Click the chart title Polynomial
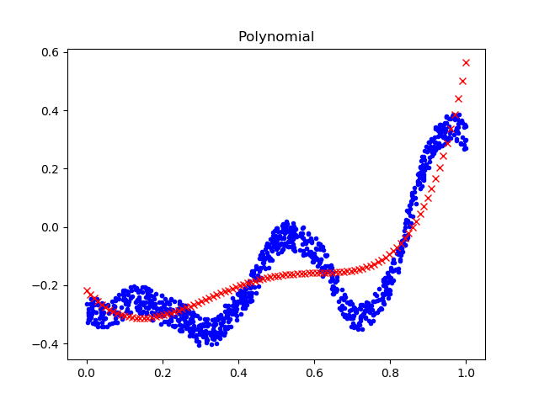tap(276, 37)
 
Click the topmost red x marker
tap(466, 63)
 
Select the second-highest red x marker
tap(462, 81)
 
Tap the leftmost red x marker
tap(87, 290)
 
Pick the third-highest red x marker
tap(458, 98)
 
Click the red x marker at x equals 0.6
tap(314, 273)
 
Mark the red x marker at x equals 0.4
tap(238, 287)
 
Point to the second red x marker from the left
tap(91, 295)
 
